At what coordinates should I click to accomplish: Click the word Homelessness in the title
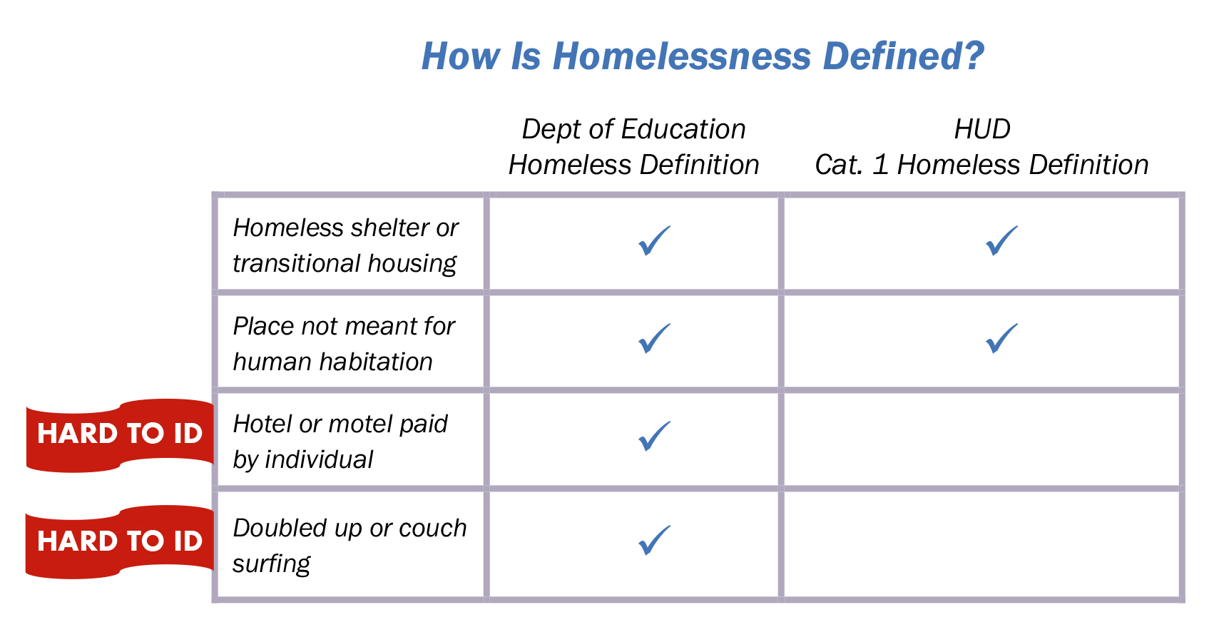[x=681, y=56]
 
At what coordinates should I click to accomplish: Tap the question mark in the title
[x=973, y=56]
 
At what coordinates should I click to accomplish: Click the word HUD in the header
[x=981, y=130]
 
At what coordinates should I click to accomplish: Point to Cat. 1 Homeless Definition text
[x=981, y=165]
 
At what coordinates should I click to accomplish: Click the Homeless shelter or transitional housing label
[x=345, y=245]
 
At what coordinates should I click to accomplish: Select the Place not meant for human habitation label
[x=344, y=344]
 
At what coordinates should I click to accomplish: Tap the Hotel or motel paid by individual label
[x=340, y=442]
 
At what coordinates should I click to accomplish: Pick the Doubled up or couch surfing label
[x=349, y=546]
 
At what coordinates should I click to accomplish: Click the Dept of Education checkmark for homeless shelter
[x=654, y=241]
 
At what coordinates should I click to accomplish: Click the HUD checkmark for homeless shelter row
[x=1001, y=241]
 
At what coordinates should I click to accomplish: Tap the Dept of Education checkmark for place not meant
[x=654, y=339]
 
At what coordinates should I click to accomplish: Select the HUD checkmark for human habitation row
[x=1001, y=339]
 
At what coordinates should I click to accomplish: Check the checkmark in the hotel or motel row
[x=654, y=437]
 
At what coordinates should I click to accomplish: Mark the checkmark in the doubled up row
[x=654, y=541]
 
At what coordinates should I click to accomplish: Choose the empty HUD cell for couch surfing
[x=981, y=544]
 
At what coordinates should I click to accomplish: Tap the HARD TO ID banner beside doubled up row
[x=120, y=541]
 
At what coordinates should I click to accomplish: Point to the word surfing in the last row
[x=271, y=564]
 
